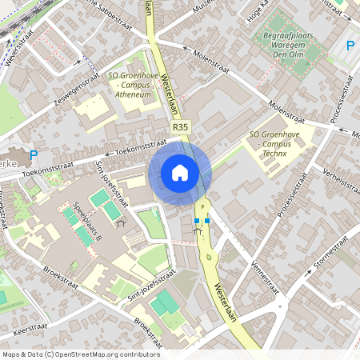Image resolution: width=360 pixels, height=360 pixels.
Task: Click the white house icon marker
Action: click(180, 172)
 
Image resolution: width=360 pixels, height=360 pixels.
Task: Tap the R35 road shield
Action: click(181, 127)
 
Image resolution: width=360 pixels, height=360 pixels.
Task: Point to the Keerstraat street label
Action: click(30, 327)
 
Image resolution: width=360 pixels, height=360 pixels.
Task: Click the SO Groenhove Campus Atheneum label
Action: click(130, 86)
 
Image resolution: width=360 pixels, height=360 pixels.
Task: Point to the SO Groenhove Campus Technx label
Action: click(274, 143)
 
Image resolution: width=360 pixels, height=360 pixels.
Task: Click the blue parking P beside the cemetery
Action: click(350, 46)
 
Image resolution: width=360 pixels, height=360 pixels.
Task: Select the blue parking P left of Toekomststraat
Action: click(33, 155)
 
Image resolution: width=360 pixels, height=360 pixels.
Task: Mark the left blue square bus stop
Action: click(196, 219)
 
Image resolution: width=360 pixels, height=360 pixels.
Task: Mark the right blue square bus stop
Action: click(206, 219)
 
